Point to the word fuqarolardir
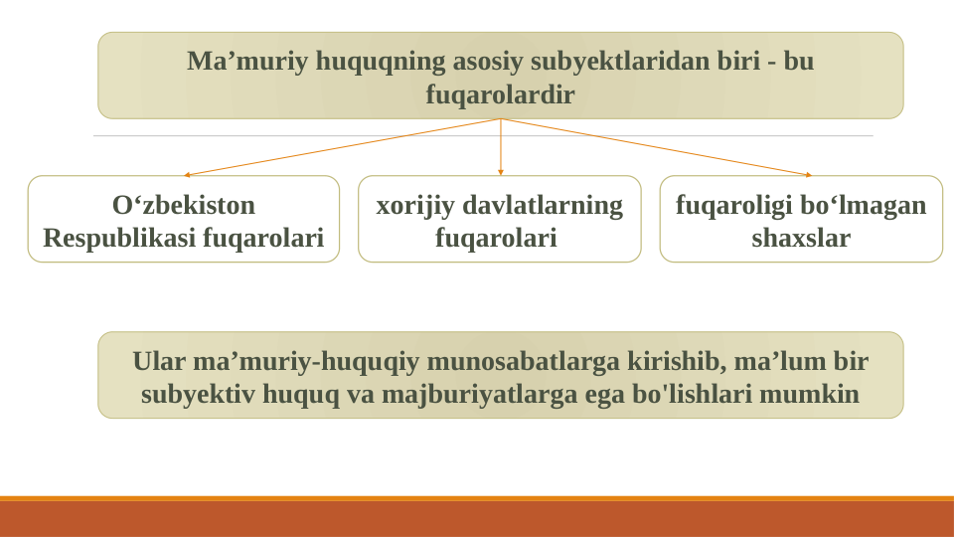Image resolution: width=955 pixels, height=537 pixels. pos(500,95)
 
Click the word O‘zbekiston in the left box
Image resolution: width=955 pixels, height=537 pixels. pos(184,206)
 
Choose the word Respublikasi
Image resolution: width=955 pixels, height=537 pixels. pos(119,239)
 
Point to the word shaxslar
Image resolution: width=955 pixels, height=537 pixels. pos(801,239)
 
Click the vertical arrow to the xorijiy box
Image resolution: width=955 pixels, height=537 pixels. pos(501,147)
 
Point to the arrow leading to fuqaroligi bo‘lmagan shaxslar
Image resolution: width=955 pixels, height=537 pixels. pos(656,147)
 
